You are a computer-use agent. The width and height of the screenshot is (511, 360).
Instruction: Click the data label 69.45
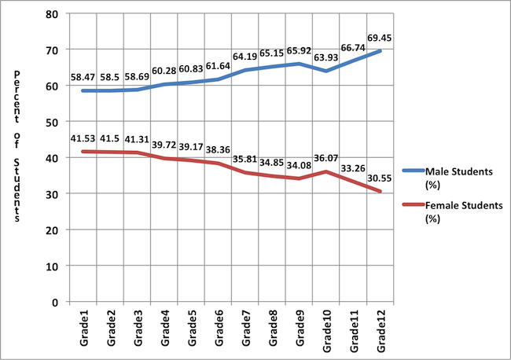click(x=380, y=37)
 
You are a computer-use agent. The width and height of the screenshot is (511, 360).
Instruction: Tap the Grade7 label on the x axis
click(x=247, y=329)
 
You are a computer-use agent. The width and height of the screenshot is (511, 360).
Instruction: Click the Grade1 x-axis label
click(x=85, y=329)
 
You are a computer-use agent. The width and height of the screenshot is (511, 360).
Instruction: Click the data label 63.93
click(x=327, y=57)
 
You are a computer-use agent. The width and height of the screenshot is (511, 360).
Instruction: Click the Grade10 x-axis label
click(x=327, y=330)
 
